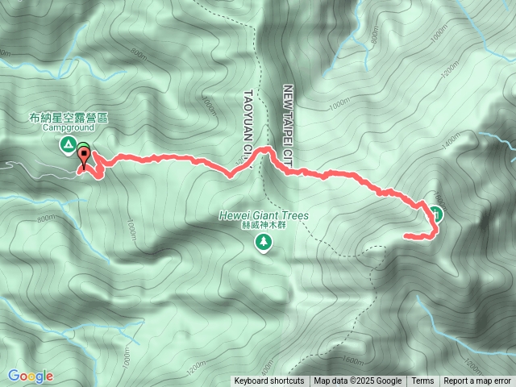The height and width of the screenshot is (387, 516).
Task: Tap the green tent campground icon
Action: tap(68, 145)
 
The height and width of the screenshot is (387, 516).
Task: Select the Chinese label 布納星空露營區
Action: tap(69, 118)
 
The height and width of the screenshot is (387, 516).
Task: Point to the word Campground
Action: tap(69, 127)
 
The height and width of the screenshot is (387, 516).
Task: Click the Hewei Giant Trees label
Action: tap(264, 216)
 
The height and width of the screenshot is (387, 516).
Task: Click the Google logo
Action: tap(31, 376)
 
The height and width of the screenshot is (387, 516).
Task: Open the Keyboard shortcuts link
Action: tap(269, 381)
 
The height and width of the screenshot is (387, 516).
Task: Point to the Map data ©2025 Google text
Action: tap(358, 381)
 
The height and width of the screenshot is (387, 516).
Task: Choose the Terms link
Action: tap(422, 381)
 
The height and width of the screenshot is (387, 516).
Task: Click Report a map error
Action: tap(478, 381)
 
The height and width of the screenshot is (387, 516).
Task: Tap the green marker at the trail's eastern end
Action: tap(436, 213)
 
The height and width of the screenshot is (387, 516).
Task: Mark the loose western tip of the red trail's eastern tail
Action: tap(406, 235)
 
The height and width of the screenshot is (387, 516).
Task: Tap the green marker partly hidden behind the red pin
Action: tap(85, 148)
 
